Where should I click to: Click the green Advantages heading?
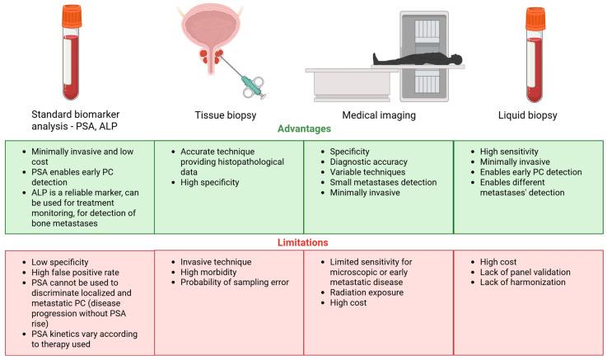pyautogui.click(x=302, y=129)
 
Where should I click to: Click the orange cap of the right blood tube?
pyautogui.click(x=536, y=17)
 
